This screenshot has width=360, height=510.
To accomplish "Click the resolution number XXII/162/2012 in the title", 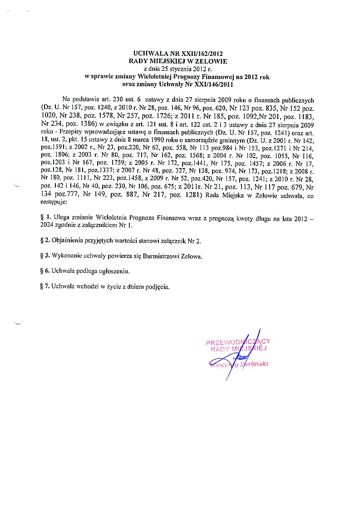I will pos(203,54).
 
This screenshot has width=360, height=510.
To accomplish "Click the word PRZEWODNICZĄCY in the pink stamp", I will pos(238,342).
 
